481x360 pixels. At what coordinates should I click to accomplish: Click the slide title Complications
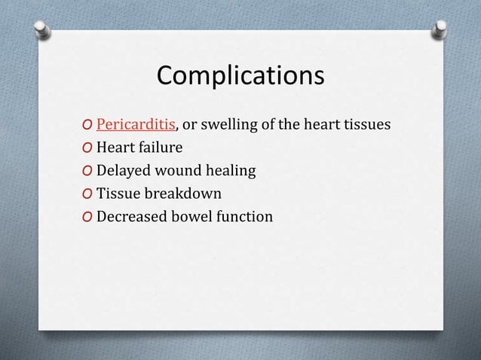(240, 76)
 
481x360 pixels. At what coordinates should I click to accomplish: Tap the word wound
(178, 171)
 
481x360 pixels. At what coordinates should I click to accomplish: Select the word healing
(230, 171)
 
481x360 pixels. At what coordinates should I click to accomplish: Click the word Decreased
(132, 217)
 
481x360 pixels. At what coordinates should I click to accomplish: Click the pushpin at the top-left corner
(42, 29)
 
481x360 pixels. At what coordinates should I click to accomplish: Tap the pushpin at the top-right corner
(439, 29)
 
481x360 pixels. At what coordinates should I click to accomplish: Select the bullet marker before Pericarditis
(88, 125)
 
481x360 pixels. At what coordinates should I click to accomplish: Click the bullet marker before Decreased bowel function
(88, 218)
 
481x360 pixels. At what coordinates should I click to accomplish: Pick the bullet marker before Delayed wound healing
(88, 172)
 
